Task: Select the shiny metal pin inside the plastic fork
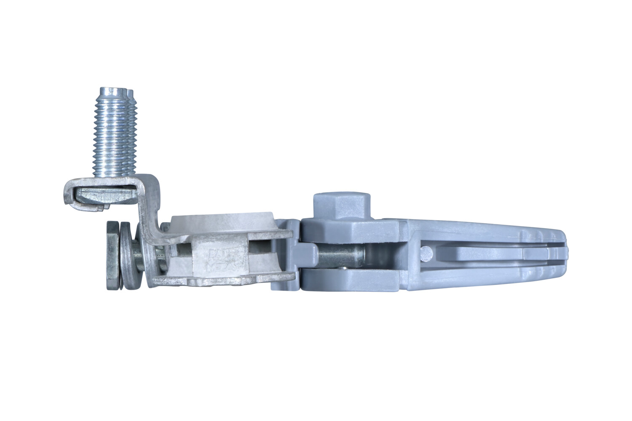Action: click(341, 255)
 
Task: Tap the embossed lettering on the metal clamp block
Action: click(217, 257)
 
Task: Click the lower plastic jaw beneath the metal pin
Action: click(350, 280)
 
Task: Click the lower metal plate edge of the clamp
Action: click(223, 280)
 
